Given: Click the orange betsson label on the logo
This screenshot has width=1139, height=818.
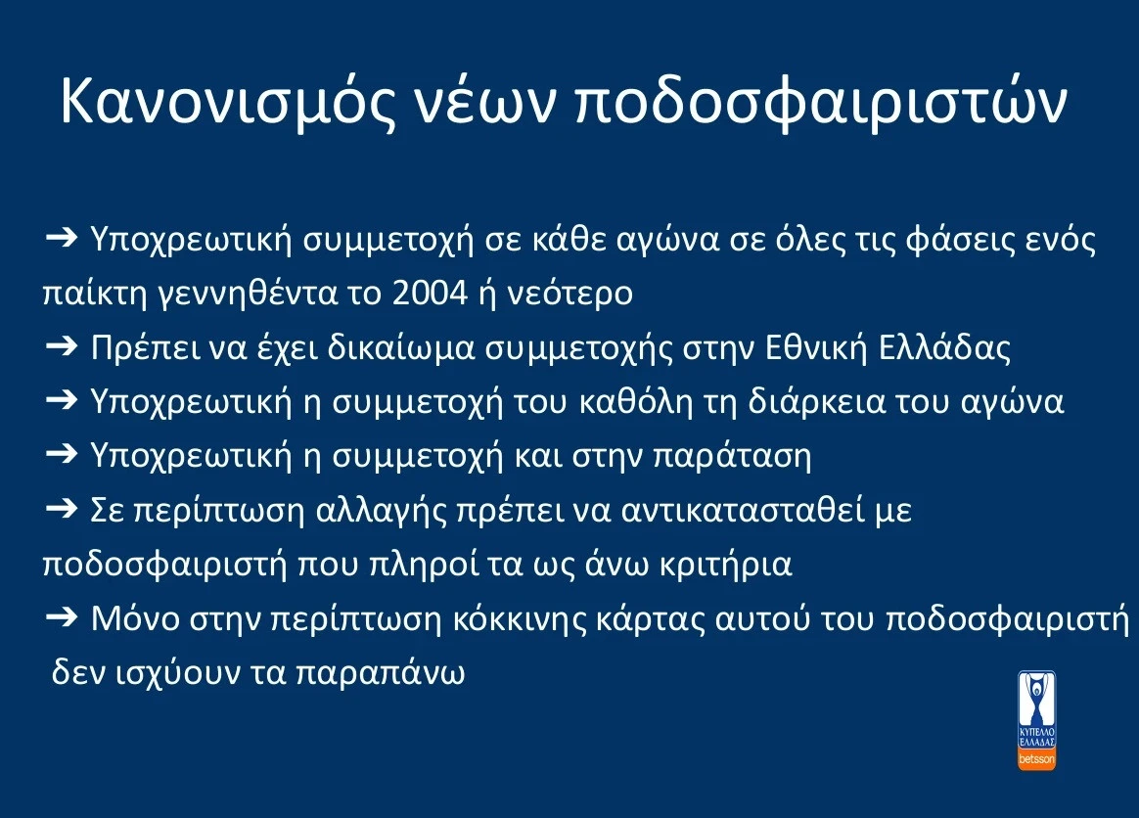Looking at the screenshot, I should (1037, 757).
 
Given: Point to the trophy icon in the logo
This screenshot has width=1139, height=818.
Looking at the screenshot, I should (1037, 696).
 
